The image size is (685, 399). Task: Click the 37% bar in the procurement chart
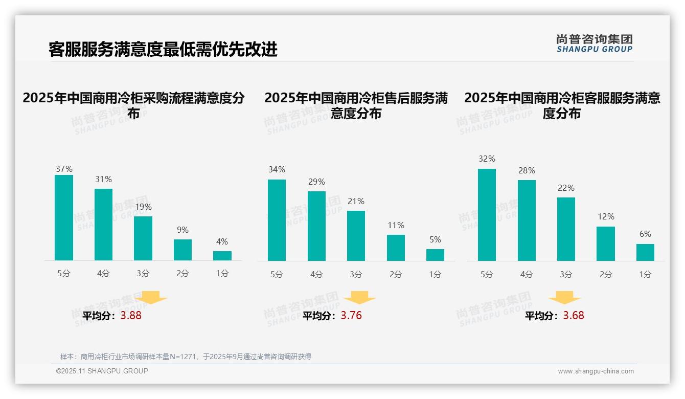(64, 218)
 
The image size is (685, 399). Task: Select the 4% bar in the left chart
(222, 256)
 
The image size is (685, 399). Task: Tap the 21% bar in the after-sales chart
(356, 236)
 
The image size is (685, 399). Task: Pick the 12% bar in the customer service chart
(606, 243)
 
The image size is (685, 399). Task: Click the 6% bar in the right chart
(645, 252)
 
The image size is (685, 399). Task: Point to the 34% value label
(277, 169)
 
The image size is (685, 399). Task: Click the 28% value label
(527, 170)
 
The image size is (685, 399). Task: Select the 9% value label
(182, 230)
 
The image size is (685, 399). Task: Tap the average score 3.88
(131, 316)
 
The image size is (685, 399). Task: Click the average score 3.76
(351, 316)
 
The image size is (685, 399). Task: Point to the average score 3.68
(574, 316)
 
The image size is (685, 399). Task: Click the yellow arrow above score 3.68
(564, 298)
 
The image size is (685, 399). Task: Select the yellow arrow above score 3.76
(359, 298)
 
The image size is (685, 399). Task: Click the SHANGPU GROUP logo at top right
(594, 43)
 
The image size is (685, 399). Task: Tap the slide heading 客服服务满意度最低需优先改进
(163, 49)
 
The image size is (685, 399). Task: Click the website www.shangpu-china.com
(596, 371)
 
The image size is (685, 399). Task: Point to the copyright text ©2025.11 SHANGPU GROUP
(102, 371)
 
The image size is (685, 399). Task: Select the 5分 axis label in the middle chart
(277, 274)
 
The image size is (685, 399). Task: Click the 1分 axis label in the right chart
(645, 274)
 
